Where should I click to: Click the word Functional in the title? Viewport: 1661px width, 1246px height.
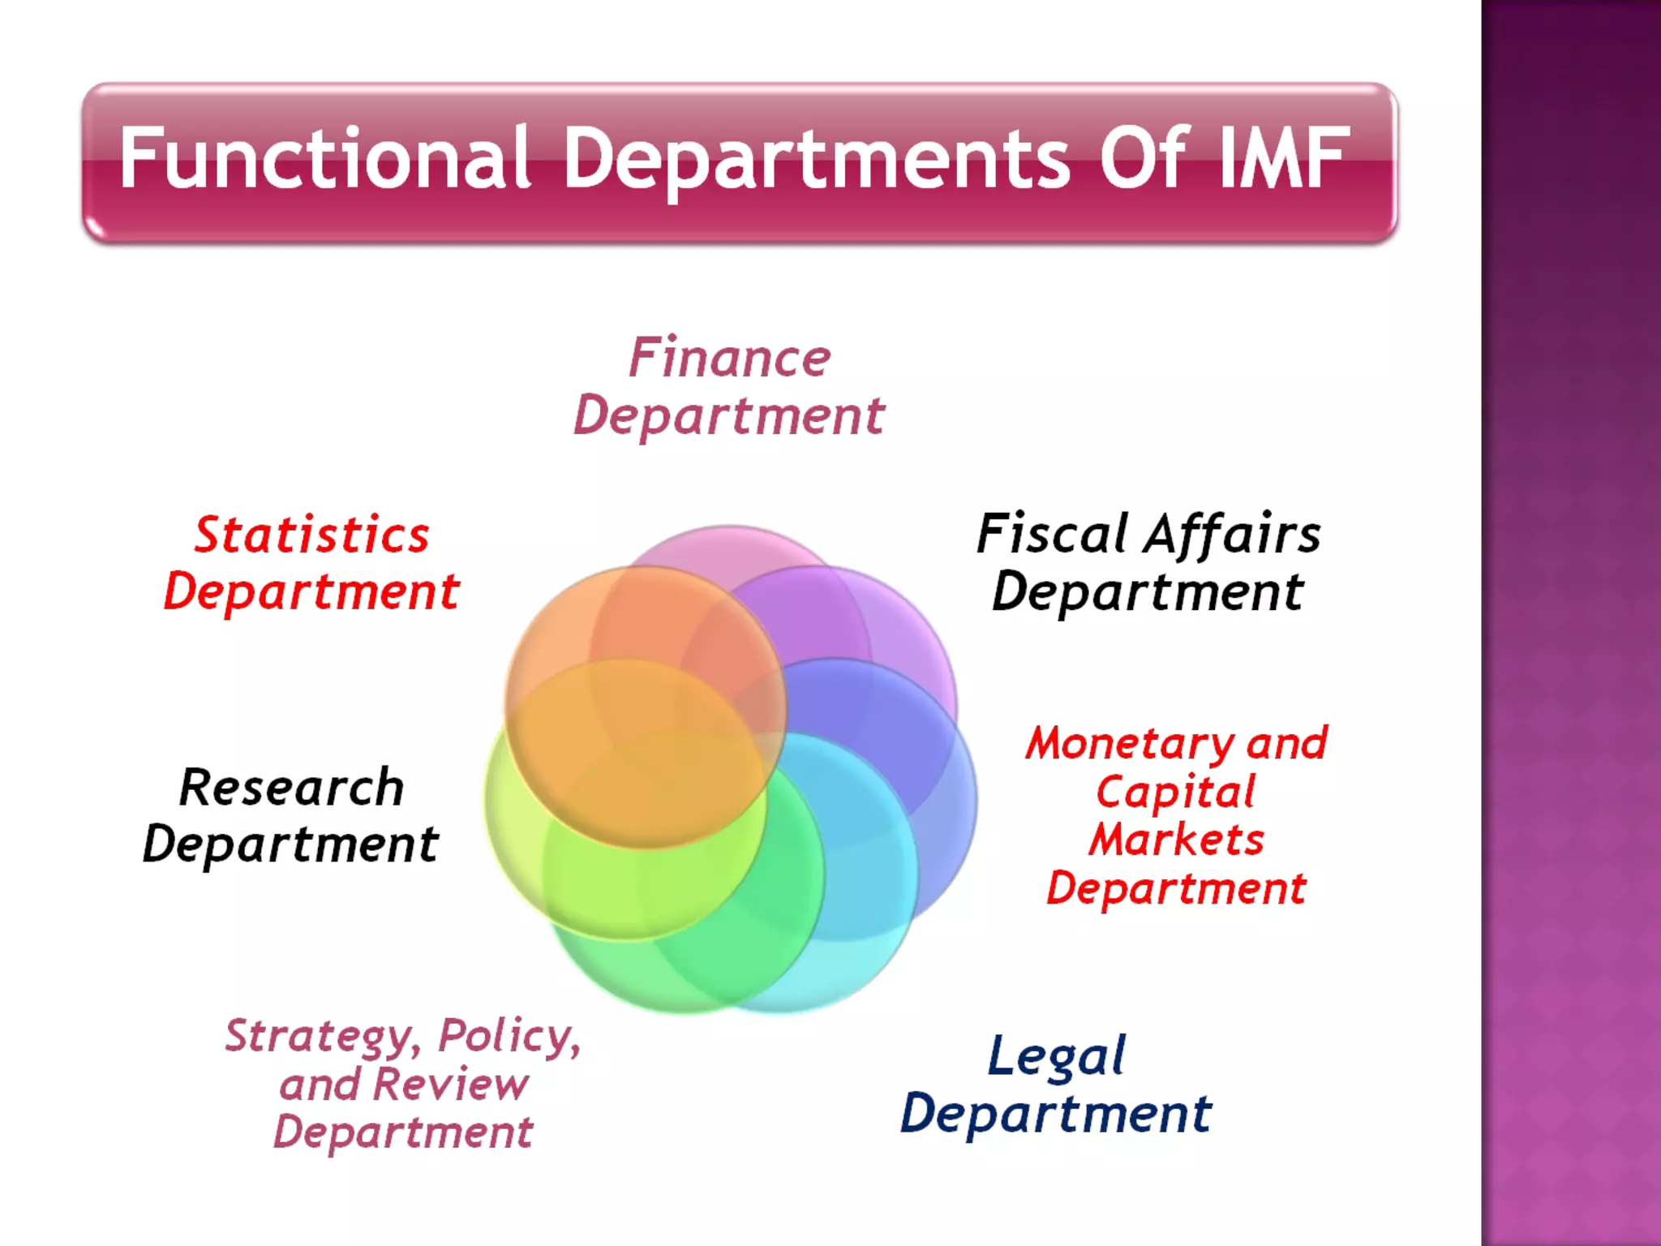(x=324, y=158)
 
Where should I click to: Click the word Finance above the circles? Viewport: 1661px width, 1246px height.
(x=730, y=358)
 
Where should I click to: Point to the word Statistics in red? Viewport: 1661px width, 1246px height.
(x=312, y=535)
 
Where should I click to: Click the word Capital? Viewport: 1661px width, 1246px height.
(x=1175, y=793)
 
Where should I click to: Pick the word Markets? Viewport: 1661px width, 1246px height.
(x=1177, y=840)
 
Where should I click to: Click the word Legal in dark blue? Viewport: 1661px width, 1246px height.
(x=1057, y=1057)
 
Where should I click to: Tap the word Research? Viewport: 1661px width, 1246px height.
(x=292, y=788)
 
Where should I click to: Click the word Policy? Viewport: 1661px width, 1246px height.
(x=509, y=1036)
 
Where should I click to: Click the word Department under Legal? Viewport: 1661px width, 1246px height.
(x=1056, y=1115)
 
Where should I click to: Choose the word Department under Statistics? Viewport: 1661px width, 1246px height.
(x=312, y=592)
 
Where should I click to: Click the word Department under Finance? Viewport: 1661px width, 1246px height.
(x=729, y=417)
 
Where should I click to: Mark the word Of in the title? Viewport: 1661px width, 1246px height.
(x=1144, y=158)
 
